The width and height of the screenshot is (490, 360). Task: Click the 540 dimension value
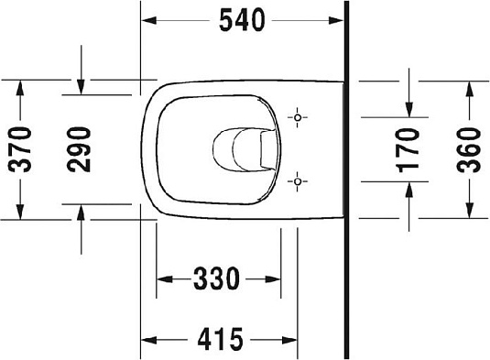point(245,18)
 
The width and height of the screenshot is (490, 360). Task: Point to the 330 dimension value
point(219,276)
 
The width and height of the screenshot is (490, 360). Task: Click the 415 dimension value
point(221,340)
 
